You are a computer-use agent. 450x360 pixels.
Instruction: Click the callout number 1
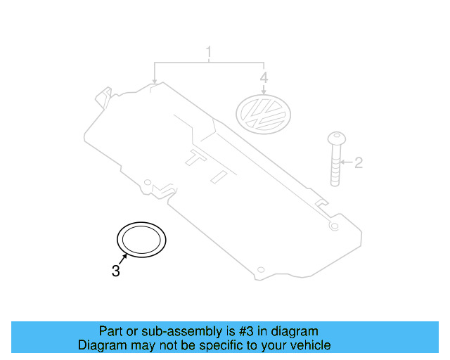[x=208, y=53]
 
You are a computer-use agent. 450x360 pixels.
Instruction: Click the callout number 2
[x=358, y=163]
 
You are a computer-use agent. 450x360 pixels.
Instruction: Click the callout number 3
[x=116, y=270]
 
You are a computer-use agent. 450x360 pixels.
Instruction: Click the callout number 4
[x=264, y=77]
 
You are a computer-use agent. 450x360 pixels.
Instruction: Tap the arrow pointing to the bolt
[x=345, y=163]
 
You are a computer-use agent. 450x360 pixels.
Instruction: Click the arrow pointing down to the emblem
[x=264, y=90]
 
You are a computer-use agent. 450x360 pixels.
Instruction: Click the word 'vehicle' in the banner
[x=310, y=345]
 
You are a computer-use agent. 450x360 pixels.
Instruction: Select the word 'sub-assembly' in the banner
[x=188, y=330]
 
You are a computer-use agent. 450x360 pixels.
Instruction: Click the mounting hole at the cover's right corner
[x=334, y=226]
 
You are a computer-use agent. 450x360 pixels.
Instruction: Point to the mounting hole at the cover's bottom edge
[x=261, y=270]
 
